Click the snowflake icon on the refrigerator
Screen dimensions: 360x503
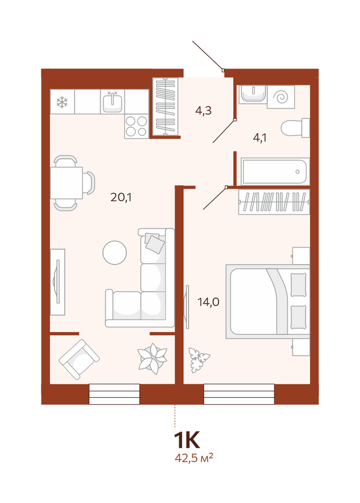pyautogui.click(x=62, y=102)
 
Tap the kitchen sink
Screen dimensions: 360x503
pyautogui.click(x=113, y=102)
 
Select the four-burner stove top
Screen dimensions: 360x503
pyautogui.click(x=137, y=126)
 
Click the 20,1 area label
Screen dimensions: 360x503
pyautogui.click(x=121, y=197)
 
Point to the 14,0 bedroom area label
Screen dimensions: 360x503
pyautogui.click(x=208, y=302)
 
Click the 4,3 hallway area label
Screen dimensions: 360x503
pyautogui.click(x=203, y=111)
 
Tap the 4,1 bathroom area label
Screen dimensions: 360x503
pyautogui.click(x=259, y=138)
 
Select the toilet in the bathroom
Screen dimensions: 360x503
pyautogui.click(x=295, y=128)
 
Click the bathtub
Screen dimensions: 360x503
pyautogui.click(x=276, y=172)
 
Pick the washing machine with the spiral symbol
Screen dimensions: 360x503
pyautogui.click(x=281, y=97)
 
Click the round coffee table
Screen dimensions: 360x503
pyautogui.click(x=115, y=253)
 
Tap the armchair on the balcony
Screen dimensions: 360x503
pyautogui.click(x=79, y=359)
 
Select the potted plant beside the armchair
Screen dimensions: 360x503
pyautogui.click(x=152, y=359)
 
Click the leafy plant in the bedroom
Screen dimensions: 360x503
pyautogui.click(x=199, y=360)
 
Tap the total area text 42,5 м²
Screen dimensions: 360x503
pyautogui.click(x=194, y=457)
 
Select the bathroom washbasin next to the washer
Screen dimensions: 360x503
pyautogui.click(x=253, y=94)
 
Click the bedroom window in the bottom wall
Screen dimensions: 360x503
pyautogui.click(x=239, y=394)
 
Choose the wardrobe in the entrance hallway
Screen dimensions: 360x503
pyautogui.click(x=165, y=107)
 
